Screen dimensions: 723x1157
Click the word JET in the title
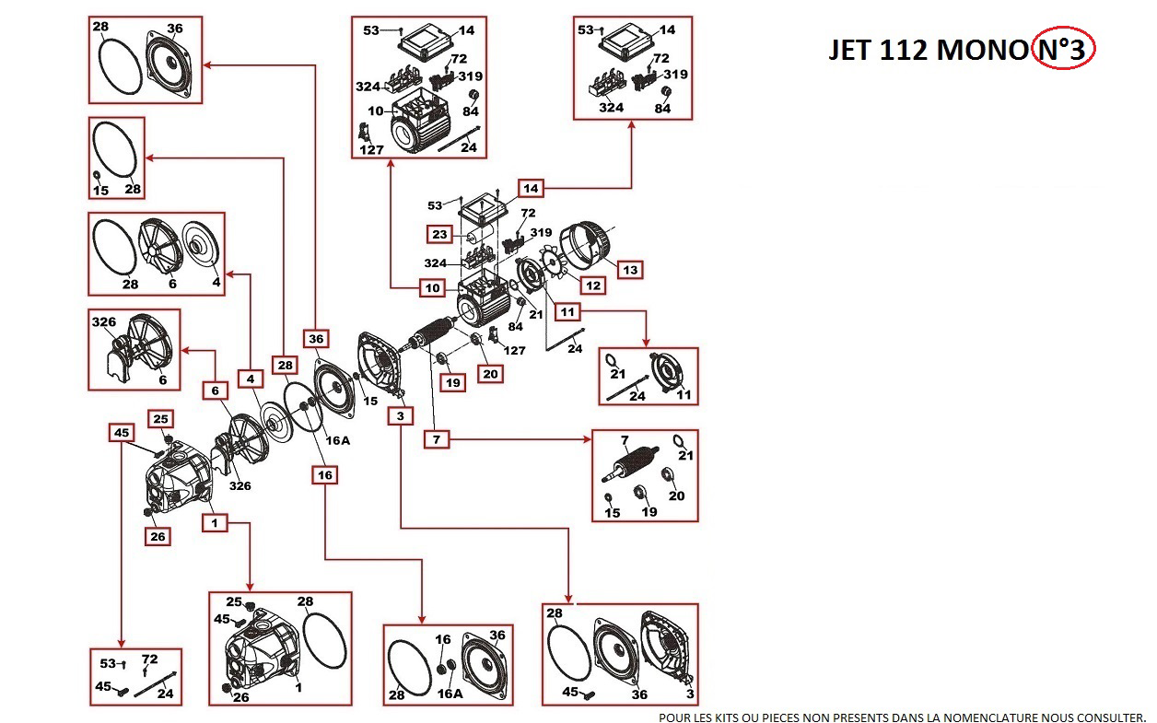click(x=849, y=51)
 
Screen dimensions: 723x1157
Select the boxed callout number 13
click(x=630, y=269)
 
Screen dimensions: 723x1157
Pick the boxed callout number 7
click(x=437, y=439)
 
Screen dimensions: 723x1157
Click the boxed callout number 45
click(x=122, y=431)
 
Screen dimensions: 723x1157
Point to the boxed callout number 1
click(x=215, y=522)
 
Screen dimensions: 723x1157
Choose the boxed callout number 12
click(x=593, y=286)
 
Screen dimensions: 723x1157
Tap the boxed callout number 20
click(x=490, y=373)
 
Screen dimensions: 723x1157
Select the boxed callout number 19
click(x=451, y=381)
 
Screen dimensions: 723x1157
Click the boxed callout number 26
click(x=158, y=536)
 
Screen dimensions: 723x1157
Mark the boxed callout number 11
click(x=568, y=312)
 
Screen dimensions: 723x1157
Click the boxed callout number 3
click(x=400, y=416)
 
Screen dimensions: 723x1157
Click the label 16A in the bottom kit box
click(x=450, y=694)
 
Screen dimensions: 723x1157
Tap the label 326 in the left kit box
click(x=103, y=322)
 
